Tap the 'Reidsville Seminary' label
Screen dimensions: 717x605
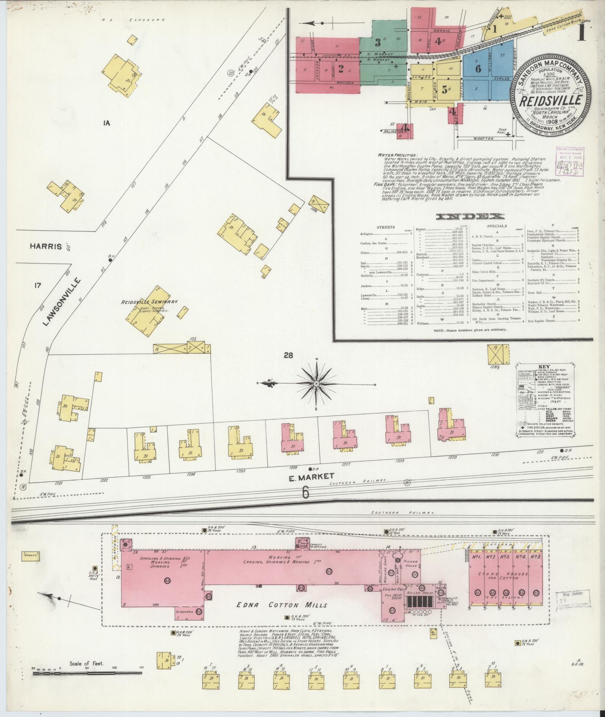(x=149, y=302)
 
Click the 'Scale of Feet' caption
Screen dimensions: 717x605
(x=87, y=664)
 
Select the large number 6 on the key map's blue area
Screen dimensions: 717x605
(x=478, y=69)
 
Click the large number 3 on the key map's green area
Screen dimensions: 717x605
(x=378, y=41)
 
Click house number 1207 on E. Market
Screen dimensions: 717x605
(x=346, y=464)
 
